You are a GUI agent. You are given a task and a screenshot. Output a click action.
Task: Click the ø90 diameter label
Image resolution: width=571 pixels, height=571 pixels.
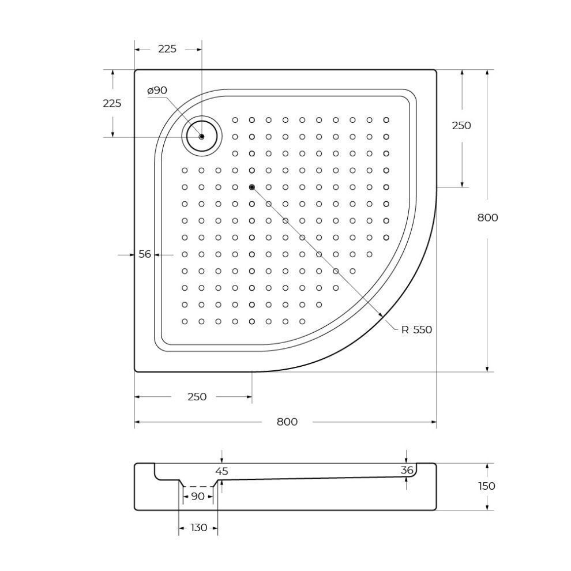point(157,91)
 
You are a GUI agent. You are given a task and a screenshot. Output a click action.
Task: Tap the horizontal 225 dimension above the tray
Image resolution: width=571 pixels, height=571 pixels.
point(167,49)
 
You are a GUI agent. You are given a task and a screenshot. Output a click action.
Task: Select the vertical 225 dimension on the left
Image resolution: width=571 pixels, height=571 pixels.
point(112,103)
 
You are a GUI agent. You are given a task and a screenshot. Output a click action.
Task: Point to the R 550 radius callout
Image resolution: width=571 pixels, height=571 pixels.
point(416,329)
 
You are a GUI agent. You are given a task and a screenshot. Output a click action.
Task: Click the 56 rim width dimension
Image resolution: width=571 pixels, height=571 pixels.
point(145,254)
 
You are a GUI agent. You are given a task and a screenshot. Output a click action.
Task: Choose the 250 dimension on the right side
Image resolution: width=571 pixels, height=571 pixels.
point(461,125)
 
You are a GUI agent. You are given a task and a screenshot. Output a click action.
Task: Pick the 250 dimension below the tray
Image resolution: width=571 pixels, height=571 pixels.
point(197,397)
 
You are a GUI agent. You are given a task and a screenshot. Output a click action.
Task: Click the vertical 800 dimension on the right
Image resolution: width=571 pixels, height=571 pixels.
point(487,217)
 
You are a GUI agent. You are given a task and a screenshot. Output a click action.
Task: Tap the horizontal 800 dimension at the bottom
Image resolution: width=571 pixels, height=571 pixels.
point(287,422)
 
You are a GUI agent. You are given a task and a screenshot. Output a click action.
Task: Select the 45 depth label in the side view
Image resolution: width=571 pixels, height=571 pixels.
point(221,471)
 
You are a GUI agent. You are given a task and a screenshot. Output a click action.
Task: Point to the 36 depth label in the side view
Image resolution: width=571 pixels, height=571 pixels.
point(407,470)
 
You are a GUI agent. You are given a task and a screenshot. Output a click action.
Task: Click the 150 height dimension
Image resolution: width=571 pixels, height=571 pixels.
point(487,486)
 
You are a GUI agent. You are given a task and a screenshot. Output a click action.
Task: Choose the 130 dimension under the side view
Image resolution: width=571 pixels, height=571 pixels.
point(199,528)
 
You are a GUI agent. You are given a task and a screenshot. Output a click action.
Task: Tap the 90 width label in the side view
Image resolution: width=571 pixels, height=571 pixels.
point(197,497)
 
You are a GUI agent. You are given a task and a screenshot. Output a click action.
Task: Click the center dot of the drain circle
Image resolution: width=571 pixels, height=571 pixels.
point(202,137)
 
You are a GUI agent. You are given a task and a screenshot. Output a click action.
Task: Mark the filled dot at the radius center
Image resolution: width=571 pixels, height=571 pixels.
point(252,187)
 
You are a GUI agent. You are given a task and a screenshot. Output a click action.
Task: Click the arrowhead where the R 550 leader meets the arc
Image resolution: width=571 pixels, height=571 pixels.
point(381,315)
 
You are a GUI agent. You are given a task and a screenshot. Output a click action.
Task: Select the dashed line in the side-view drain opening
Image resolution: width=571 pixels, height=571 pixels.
point(198,487)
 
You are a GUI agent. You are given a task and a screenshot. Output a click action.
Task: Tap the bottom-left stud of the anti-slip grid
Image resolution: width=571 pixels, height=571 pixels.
point(185,322)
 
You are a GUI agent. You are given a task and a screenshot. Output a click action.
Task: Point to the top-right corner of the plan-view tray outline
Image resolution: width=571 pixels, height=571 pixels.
point(436,70)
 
